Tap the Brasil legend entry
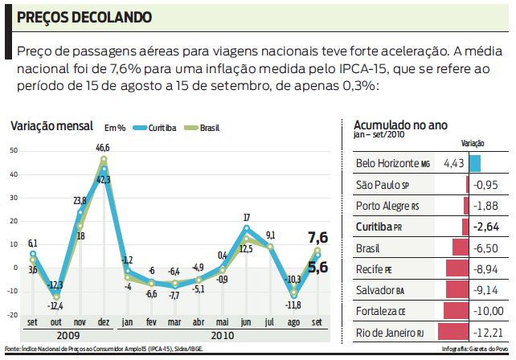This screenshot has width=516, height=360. (x=202, y=128)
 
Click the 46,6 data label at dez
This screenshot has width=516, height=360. (x=103, y=148)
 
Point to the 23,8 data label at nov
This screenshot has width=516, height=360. (x=79, y=201)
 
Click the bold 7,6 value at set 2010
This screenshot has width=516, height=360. (x=318, y=237)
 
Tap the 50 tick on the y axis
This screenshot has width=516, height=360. (x=10, y=150)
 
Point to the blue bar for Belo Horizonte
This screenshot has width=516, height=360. (x=475, y=164)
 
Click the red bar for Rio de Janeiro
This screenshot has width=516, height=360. (x=452, y=332)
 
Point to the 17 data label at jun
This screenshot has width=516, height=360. (x=246, y=218)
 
